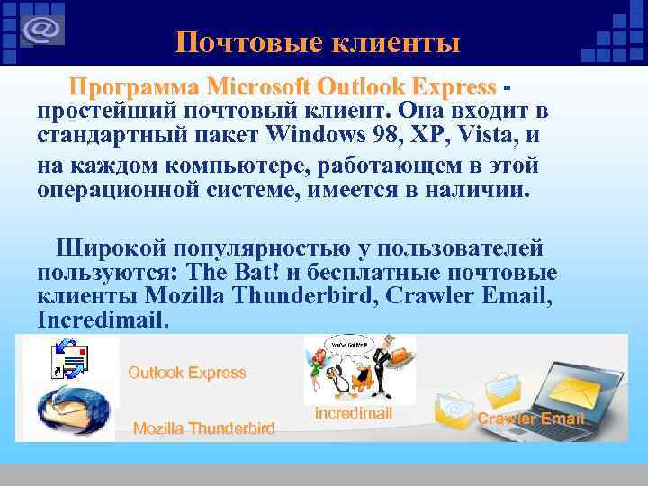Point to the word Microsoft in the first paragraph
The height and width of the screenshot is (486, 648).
257,87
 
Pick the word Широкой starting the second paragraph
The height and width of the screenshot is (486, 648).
108,247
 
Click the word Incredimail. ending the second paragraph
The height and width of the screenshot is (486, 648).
103,319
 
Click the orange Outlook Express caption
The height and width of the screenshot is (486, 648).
186,372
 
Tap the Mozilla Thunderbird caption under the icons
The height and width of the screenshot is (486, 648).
203,428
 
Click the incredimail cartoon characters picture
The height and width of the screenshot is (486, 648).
359,368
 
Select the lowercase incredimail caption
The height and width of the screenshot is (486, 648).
354,413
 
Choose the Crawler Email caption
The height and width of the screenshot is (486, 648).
530,418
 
